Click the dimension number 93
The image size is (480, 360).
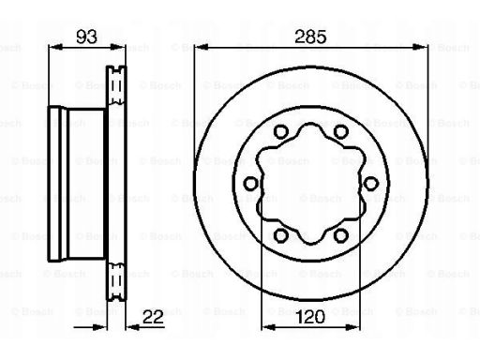tap(86, 37)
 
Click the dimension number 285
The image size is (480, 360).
tap(310, 37)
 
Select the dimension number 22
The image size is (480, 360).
tap(153, 317)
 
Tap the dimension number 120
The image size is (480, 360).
tap(310, 317)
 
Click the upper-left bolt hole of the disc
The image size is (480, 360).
tap(280, 131)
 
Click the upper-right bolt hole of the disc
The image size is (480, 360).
tap(340, 131)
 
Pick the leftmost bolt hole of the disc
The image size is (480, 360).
tap(250, 184)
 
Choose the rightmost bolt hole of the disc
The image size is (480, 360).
tap(370, 184)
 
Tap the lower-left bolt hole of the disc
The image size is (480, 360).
tap(280, 235)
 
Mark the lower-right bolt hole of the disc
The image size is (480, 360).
tap(340, 235)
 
